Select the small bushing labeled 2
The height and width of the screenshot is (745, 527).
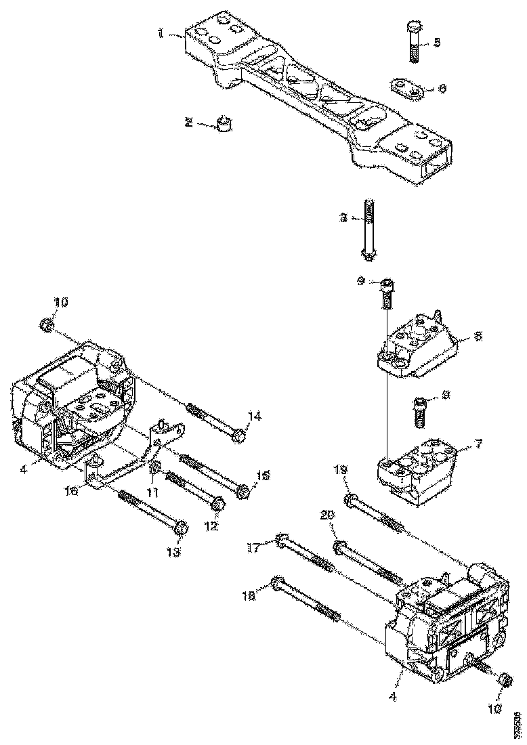point(225,124)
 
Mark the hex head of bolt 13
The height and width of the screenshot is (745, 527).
point(180,528)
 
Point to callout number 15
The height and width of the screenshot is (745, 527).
point(263,476)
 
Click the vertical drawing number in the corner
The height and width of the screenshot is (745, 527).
point(517,724)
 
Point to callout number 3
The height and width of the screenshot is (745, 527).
point(344,218)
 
